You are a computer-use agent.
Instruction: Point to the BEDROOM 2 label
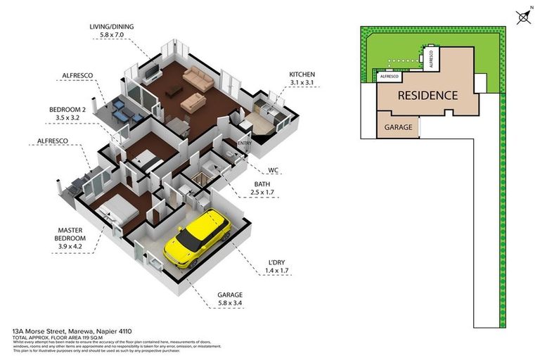pyautogui.click(x=67, y=109)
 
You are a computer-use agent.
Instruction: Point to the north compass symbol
pyautogui.click(x=523, y=16)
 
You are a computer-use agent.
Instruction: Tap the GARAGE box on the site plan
pyautogui.click(x=399, y=128)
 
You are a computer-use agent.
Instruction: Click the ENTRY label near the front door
pyautogui.click(x=244, y=143)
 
